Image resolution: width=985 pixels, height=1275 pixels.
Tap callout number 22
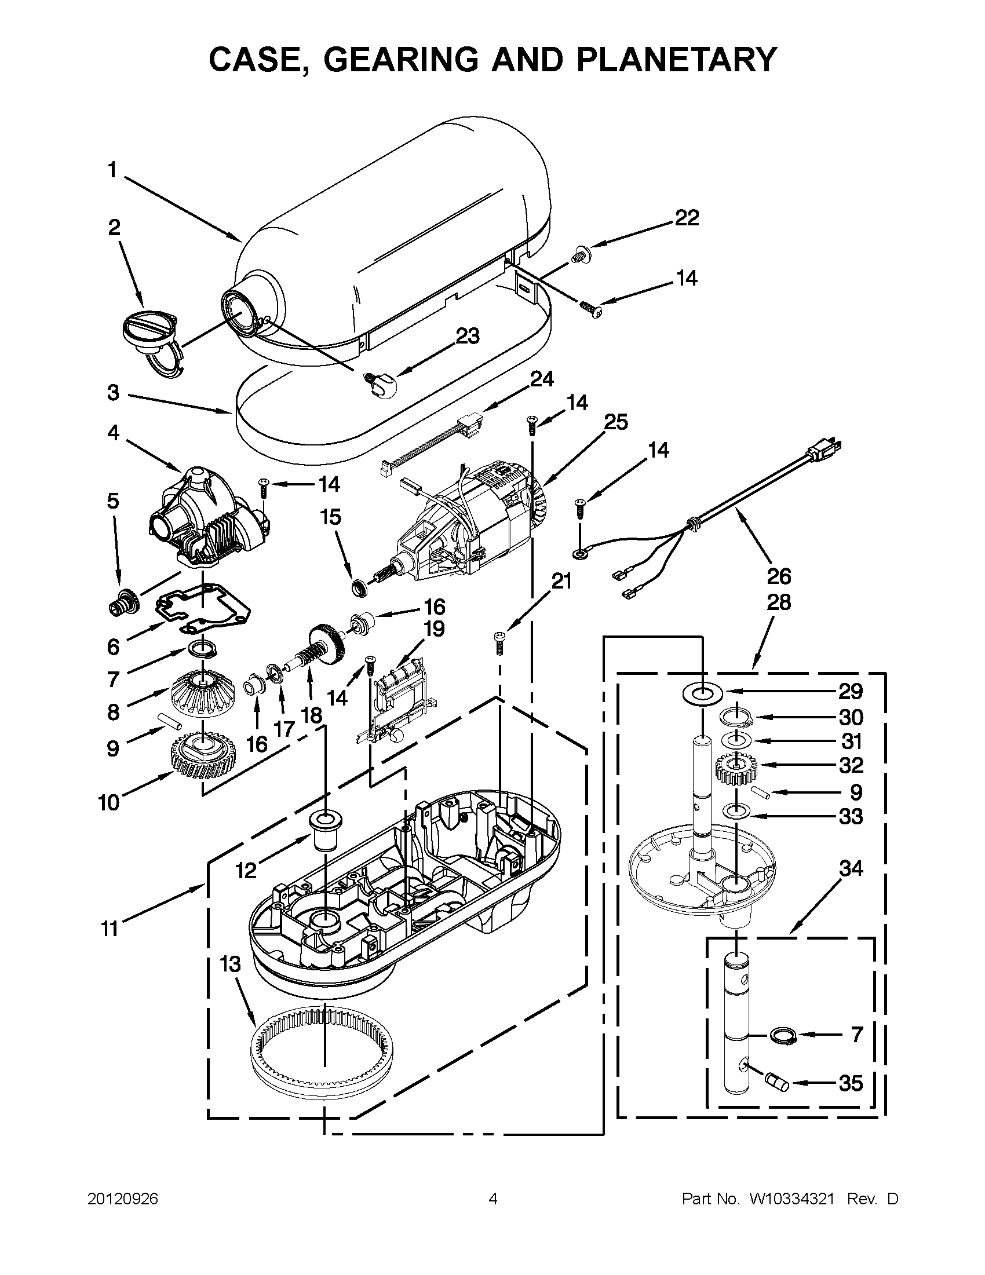point(687,218)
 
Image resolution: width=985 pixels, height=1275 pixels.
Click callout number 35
point(851,1083)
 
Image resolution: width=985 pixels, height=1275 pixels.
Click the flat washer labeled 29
point(702,693)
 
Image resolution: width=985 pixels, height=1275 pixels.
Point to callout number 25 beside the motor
point(615,422)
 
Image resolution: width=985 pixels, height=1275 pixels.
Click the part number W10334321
point(787,1199)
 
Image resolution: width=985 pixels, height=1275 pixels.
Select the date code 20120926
point(123,1199)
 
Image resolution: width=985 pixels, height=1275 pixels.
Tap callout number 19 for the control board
point(433,629)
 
